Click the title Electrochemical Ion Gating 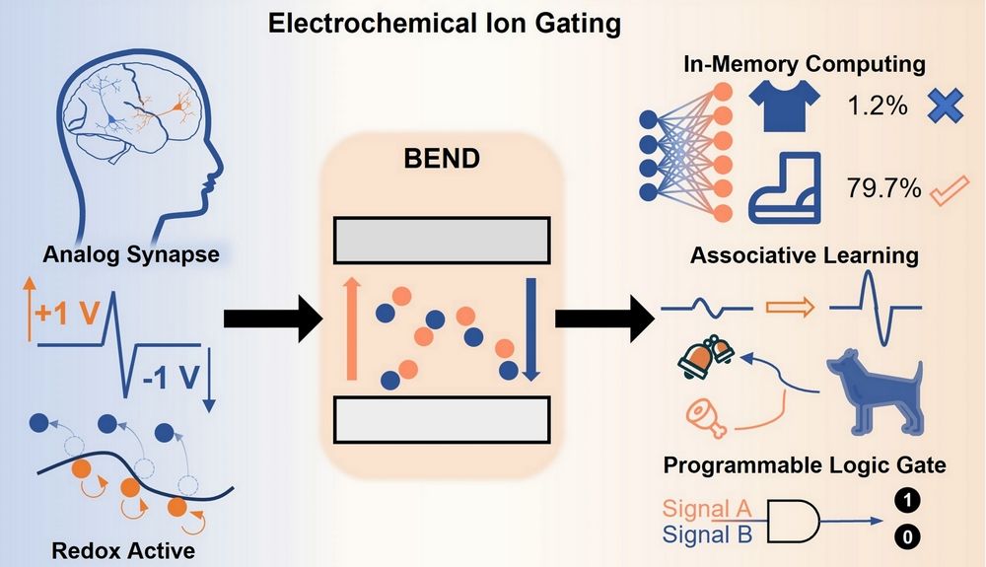coord(445,22)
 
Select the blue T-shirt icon coord(784,106)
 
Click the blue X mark coord(944,106)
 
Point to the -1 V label coord(170,380)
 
